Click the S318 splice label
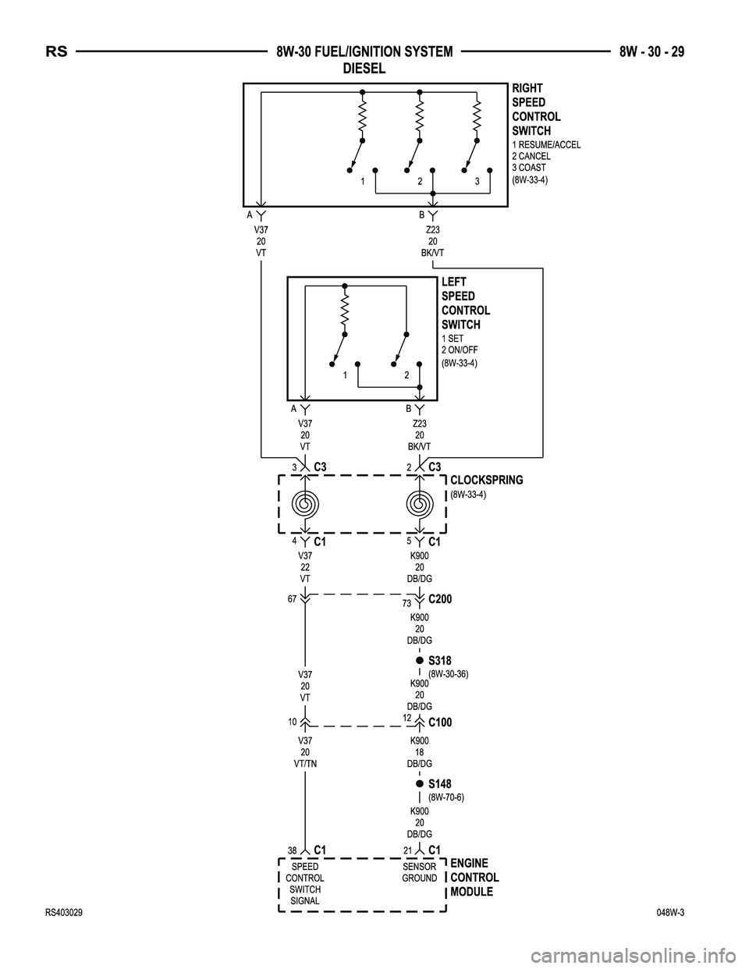pos(440,661)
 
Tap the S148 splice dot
pos(419,783)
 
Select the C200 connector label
pos(440,599)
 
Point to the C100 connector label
pos(440,722)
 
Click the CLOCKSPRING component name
pos(487,480)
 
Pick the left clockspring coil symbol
pos(305,503)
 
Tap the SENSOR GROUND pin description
pos(420,872)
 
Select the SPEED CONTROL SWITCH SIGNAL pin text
pos(305,883)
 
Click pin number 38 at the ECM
pos(292,850)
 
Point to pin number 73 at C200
pos(406,604)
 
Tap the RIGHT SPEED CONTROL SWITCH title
pos(536,109)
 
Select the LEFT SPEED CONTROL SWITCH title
pos(466,303)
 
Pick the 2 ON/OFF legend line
pos(460,350)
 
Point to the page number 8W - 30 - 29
pos(651,52)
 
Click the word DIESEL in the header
pos(364,69)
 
